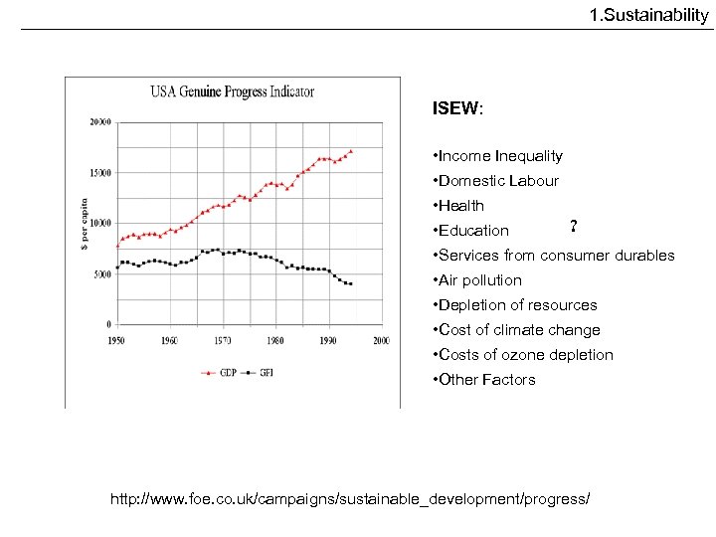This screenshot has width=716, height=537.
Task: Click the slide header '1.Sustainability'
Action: (648, 15)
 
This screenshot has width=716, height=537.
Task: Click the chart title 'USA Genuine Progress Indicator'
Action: (232, 91)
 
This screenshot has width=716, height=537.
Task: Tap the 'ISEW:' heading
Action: (457, 108)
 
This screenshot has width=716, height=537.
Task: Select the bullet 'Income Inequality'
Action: (498, 156)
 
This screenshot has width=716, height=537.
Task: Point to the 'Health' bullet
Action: (459, 206)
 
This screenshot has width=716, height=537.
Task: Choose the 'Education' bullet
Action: (471, 231)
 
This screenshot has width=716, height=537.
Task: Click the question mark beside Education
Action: (574, 225)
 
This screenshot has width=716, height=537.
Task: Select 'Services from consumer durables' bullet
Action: (554, 256)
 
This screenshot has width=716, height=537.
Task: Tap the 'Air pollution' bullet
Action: (477, 280)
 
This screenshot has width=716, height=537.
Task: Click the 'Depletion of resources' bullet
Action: (515, 305)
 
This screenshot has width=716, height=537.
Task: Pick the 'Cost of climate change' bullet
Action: (516, 330)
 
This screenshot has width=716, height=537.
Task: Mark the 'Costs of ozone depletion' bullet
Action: (523, 355)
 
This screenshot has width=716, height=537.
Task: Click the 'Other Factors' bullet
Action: (484, 380)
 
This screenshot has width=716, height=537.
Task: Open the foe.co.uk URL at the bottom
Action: (349, 496)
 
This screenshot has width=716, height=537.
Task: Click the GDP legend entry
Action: (221, 373)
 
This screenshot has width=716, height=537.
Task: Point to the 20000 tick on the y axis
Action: (100, 122)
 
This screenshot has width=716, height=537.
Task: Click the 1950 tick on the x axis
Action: (116, 340)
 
